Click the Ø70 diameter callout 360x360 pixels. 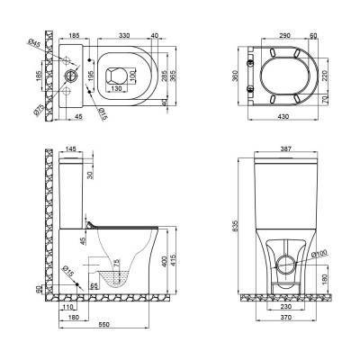click(x=39, y=111)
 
